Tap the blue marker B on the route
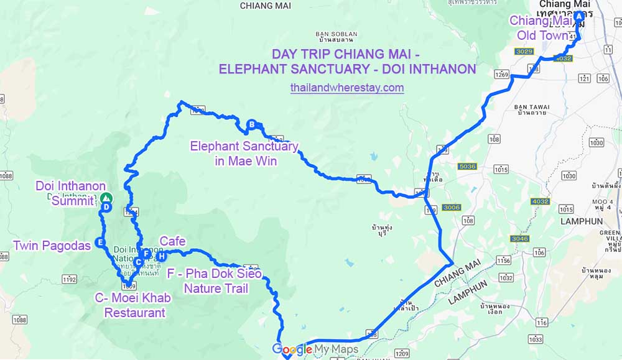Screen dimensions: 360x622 [251, 124]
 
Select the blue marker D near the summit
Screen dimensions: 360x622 [106, 208]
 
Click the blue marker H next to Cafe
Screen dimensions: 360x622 [161, 256]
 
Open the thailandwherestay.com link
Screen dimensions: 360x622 [346, 88]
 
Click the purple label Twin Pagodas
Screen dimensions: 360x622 [52, 246]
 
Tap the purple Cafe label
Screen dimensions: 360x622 [173, 241]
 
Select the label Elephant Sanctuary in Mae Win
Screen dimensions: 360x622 [244, 154]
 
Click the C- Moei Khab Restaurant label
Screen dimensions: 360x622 [134, 305]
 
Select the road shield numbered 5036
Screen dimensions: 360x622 [466, 167]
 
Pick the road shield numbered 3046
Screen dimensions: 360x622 [519, 239]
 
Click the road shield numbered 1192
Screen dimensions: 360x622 [69, 279]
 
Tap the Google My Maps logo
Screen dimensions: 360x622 [315, 349]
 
